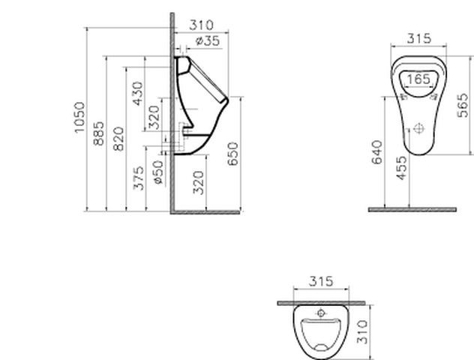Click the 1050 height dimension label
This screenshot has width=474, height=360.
click(x=80, y=118)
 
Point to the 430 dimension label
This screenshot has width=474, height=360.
click(x=137, y=94)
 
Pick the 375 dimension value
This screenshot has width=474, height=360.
click(x=138, y=178)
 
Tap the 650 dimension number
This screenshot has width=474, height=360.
click(x=233, y=154)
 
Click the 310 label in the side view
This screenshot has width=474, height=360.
click(x=201, y=25)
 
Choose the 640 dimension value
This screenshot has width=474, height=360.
click(x=377, y=151)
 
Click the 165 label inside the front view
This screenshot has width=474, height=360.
click(x=418, y=78)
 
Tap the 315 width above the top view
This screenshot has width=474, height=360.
click(x=321, y=281)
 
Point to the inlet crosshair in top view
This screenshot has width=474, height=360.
click(x=322, y=312)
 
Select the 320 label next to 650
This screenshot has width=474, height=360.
click(x=198, y=182)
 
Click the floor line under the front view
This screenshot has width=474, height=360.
click(x=412, y=210)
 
